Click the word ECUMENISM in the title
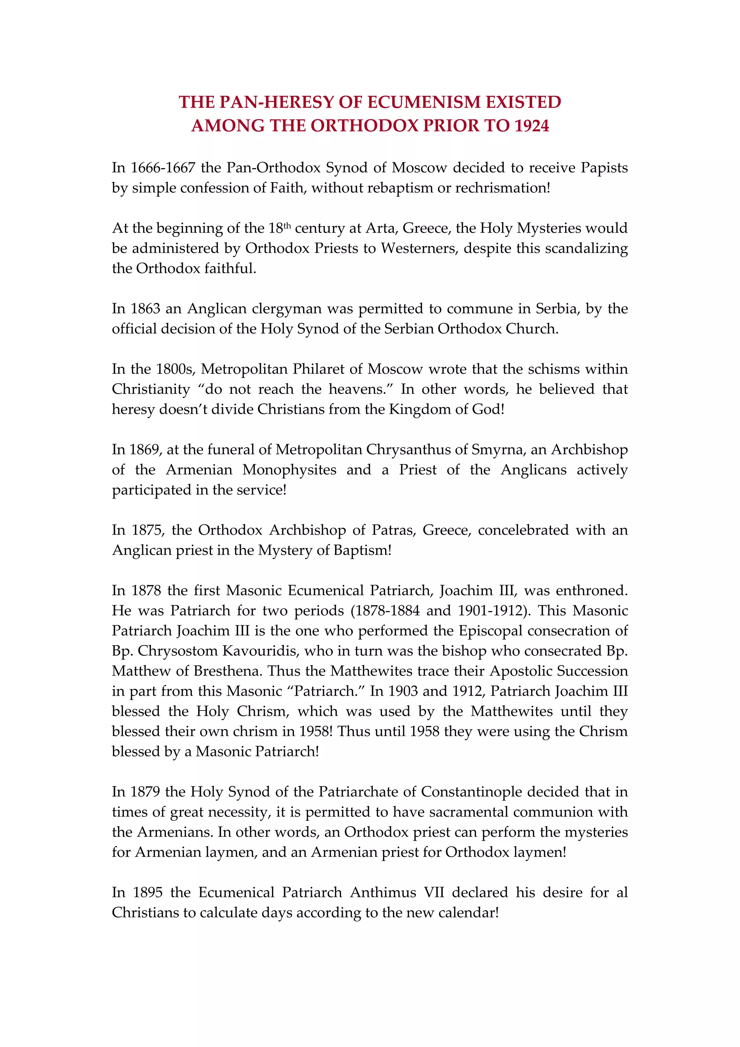(x=424, y=102)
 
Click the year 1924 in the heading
(x=531, y=126)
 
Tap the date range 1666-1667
(x=163, y=168)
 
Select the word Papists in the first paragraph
(x=604, y=168)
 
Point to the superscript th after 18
(x=287, y=225)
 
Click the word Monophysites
(x=289, y=470)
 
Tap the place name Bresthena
(x=226, y=671)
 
